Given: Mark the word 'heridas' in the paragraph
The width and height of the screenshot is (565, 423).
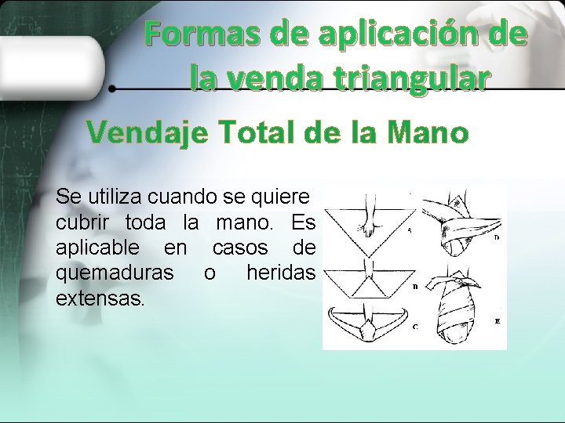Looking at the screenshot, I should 281,273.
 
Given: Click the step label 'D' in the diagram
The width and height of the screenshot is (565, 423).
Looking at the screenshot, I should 497,237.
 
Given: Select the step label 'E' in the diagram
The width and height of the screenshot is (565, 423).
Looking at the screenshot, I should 497,321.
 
